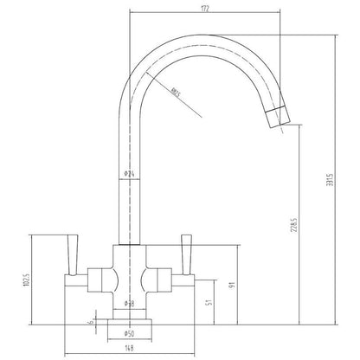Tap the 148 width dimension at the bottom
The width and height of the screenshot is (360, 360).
coord(129,350)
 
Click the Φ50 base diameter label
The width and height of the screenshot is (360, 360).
coord(130,333)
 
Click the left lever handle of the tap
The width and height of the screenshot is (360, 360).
coord(73,256)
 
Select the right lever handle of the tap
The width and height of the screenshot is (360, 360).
coord(185,256)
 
